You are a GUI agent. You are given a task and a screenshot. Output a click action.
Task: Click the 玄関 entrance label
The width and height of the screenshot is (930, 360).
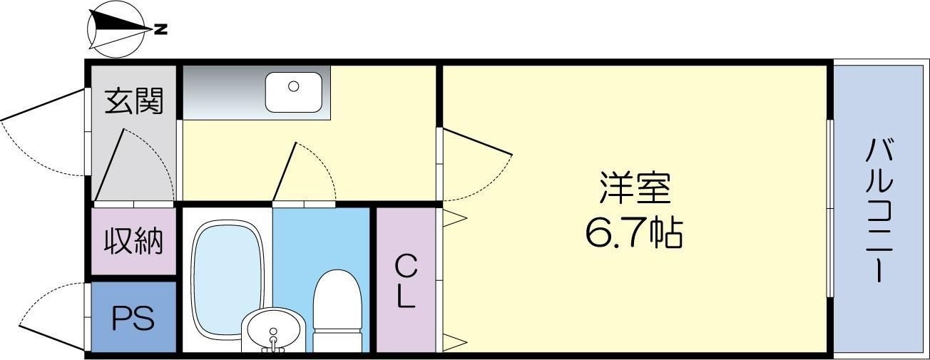135,101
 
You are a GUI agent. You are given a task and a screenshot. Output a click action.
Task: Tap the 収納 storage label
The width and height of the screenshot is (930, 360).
134,242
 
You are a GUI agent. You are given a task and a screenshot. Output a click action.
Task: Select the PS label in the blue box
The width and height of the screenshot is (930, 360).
133,319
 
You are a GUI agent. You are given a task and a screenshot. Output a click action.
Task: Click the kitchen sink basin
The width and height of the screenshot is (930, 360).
294,92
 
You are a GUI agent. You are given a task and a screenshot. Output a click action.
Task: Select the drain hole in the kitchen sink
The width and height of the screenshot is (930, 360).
293,86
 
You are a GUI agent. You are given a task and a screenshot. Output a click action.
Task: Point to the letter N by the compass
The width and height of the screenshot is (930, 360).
162,29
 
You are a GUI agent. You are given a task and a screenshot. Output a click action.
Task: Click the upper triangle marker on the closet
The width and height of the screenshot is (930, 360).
454,217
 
